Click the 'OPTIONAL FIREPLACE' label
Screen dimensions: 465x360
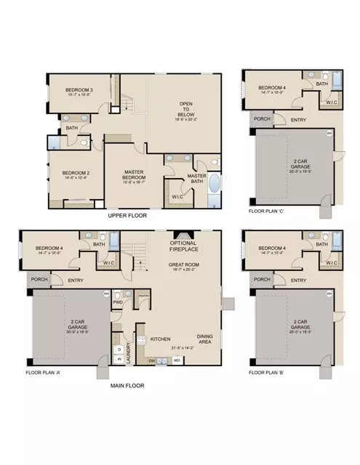coord(185,246)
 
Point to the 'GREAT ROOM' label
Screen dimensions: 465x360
coord(185,265)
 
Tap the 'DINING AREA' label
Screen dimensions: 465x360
coord(205,338)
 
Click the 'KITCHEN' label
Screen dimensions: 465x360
coord(160,339)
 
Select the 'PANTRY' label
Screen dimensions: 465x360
coord(144,296)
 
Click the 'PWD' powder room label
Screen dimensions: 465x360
coord(117,302)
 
